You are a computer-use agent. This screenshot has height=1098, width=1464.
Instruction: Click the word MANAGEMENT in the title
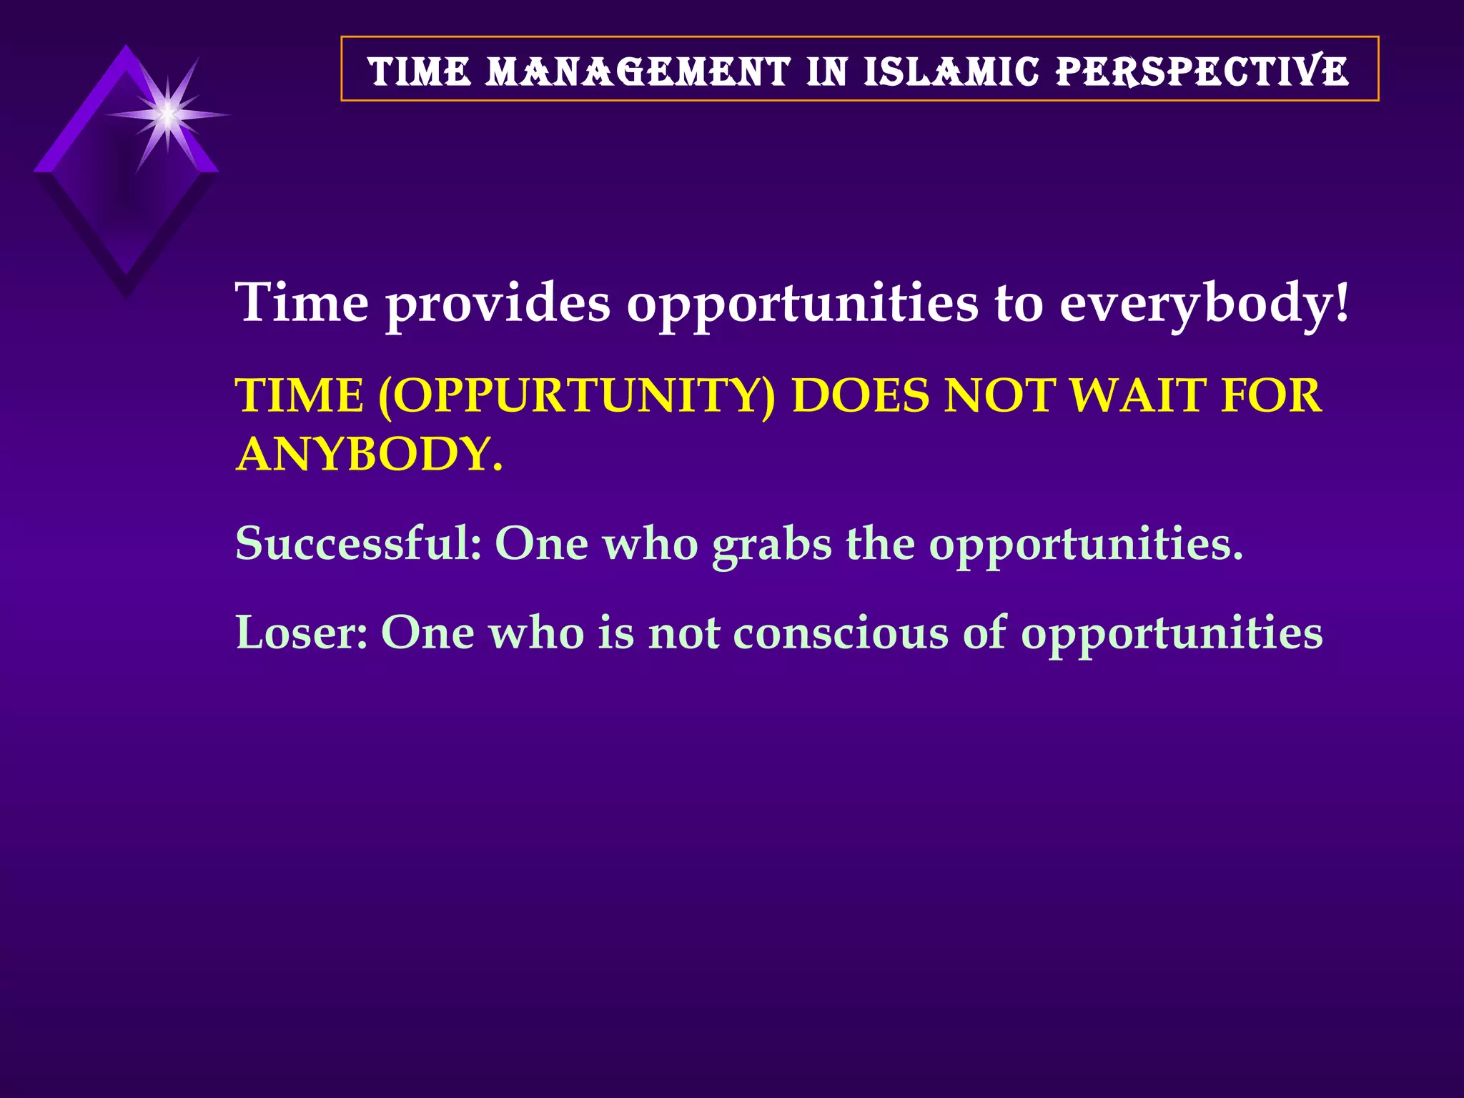coord(638,71)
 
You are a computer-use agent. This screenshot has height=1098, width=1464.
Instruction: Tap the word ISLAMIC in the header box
coord(951,71)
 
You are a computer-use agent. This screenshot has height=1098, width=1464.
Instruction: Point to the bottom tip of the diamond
coord(127,295)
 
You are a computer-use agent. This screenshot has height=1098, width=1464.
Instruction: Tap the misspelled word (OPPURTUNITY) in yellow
coord(576,395)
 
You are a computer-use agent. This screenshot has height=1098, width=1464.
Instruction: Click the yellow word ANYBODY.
coord(369,454)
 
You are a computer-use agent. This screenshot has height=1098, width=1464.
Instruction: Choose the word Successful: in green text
coord(358,543)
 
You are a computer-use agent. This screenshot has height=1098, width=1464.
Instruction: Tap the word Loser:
coord(301,633)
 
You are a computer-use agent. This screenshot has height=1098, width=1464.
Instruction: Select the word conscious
coord(840,633)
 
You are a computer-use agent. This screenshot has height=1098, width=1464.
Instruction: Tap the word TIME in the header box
coord(420,71)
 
